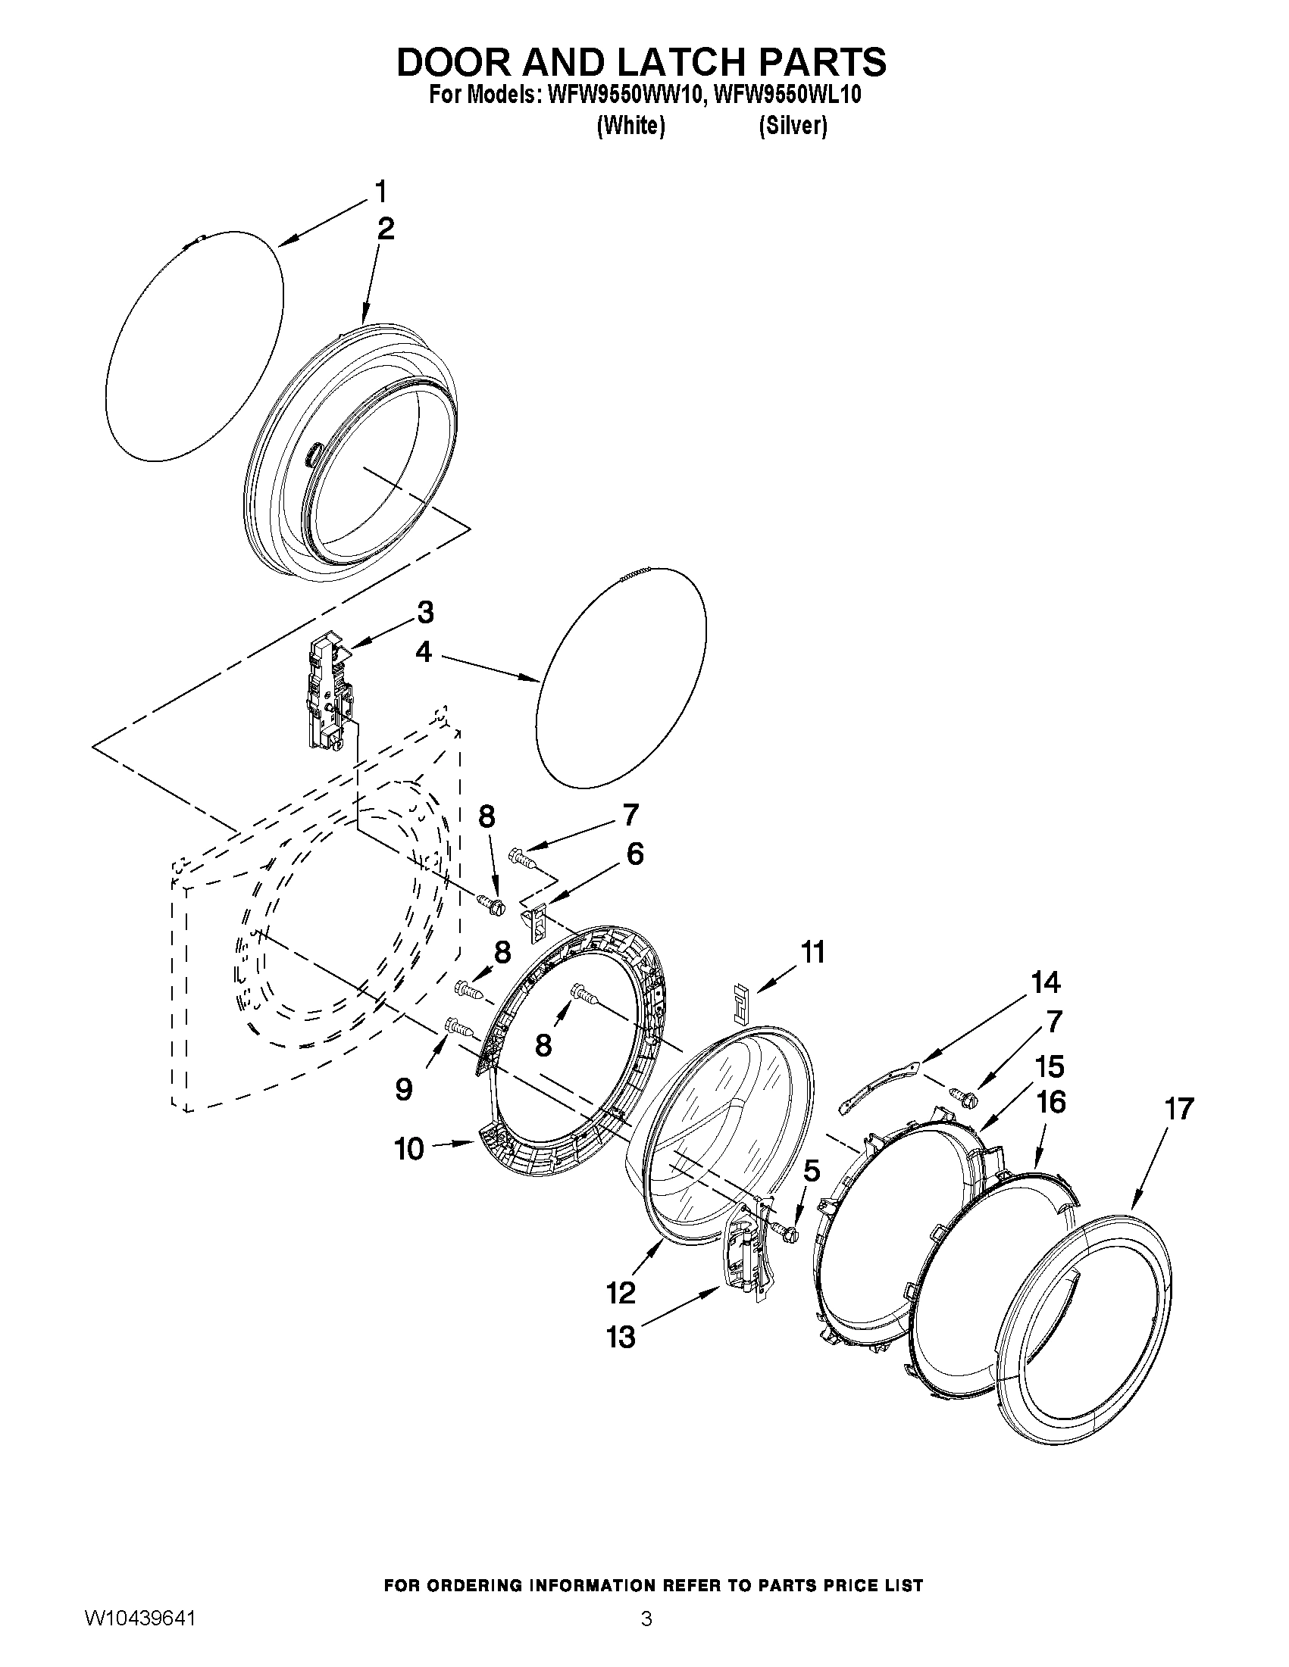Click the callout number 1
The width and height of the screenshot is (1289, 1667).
(x=380, y=191)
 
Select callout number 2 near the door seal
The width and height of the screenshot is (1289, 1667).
(x=386, y=229)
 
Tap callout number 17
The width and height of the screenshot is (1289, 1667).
(x=1179, y=1108)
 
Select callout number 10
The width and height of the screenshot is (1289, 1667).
(x=409, y=1148)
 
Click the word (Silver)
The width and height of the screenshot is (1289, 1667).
(x=793, y=126)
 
